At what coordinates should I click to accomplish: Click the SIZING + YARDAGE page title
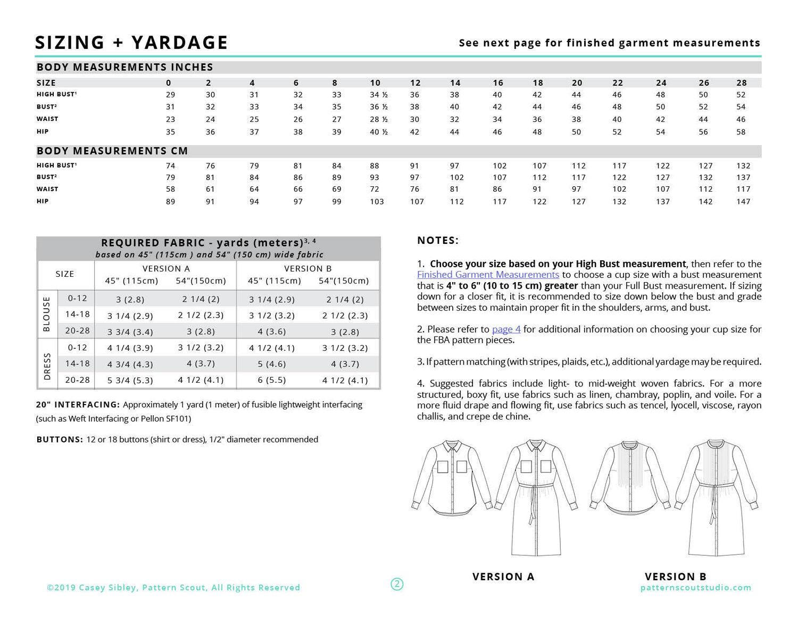tap(131, 43)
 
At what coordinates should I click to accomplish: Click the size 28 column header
tap(742, 83)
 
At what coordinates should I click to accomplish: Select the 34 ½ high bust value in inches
tap(378, 95)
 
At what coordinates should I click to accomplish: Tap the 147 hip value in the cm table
tap(743, 202)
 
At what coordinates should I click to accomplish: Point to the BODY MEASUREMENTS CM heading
tap(112, 151)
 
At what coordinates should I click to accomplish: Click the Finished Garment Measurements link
tap(488, 275)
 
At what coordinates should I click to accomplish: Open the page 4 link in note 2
tap(506, 329)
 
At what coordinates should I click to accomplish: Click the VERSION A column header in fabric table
tap(166, 269)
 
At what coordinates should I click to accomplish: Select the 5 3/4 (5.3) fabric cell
tap(130, 380)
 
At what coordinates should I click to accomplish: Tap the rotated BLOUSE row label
tap(46, 314)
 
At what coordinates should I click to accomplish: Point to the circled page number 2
tap(397, 584)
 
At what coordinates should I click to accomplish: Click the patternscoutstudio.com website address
tap(696, 588)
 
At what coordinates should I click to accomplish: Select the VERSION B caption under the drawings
tap(675, 577)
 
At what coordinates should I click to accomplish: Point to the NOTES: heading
tap(437, 241)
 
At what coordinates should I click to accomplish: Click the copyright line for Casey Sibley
tap(173, 588)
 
